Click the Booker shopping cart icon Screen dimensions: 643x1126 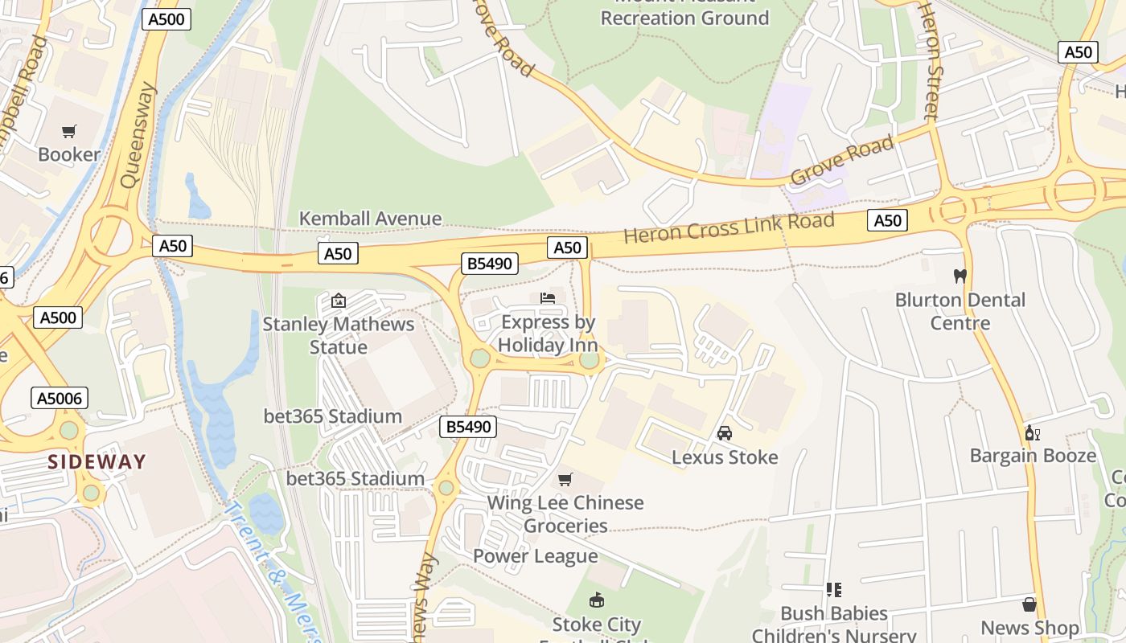[x=69, y=131]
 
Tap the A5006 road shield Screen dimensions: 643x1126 [x=60, y=398]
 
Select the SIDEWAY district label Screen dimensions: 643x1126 [x=97, y=462]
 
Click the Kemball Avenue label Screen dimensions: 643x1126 [x=370, y=219]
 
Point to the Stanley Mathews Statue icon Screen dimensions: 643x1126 [x=339, y=301]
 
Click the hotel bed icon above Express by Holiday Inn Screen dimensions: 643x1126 [x=548, y=298]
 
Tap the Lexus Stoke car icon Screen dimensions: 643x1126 [x=724, y=433]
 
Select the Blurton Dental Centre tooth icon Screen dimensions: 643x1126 [x=959, y=276]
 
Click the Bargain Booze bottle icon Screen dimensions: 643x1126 [x=1032, y=432]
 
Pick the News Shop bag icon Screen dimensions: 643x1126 [x=1029, y=604]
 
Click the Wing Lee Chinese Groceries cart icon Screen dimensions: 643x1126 [x=565, y=480]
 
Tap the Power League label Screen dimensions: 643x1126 [x=535, y=556]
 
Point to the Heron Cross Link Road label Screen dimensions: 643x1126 [x=729, y=227]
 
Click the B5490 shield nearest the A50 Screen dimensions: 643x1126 [x=489, y=264]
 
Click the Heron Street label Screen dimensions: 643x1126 [x=931, y=60]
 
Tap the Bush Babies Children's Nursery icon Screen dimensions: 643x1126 [x=833, y=590]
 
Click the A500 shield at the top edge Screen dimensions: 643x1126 [x=166, y=19]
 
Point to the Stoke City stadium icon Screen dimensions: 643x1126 [x=596, y=600]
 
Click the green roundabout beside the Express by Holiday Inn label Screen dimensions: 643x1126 [x=590, y=360]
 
